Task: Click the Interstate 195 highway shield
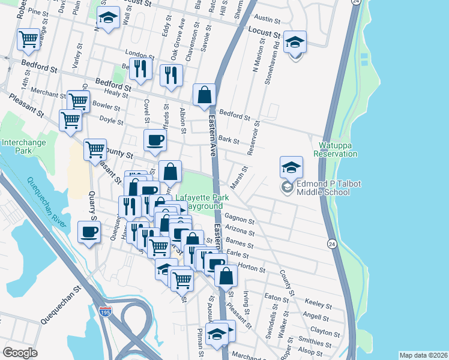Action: tap(105, 313)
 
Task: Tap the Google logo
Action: tap(20, 353)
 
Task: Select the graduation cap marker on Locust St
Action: tap(108, 19)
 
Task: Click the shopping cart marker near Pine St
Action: tap(29, 40)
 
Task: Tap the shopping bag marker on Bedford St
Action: tap(204, 95)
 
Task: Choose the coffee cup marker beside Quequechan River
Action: tap(89, 233)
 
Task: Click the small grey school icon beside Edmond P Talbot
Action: tap(286, 188)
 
